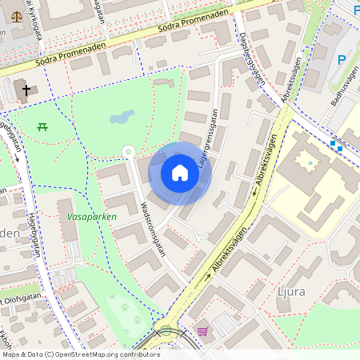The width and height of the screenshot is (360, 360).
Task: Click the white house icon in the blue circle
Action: (x=180, y=173)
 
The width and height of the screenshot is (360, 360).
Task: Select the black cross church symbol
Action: (x=26, y=90)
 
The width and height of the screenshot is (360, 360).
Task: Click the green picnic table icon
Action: (x=42, y=126)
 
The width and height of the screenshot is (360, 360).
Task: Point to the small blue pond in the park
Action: (x=122, y=118)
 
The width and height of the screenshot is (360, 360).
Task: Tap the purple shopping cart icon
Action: (x=203, y=330)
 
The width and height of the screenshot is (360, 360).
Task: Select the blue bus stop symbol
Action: (x=335, y=145)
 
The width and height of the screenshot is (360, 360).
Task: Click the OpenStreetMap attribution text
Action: (x=81, y=354)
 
